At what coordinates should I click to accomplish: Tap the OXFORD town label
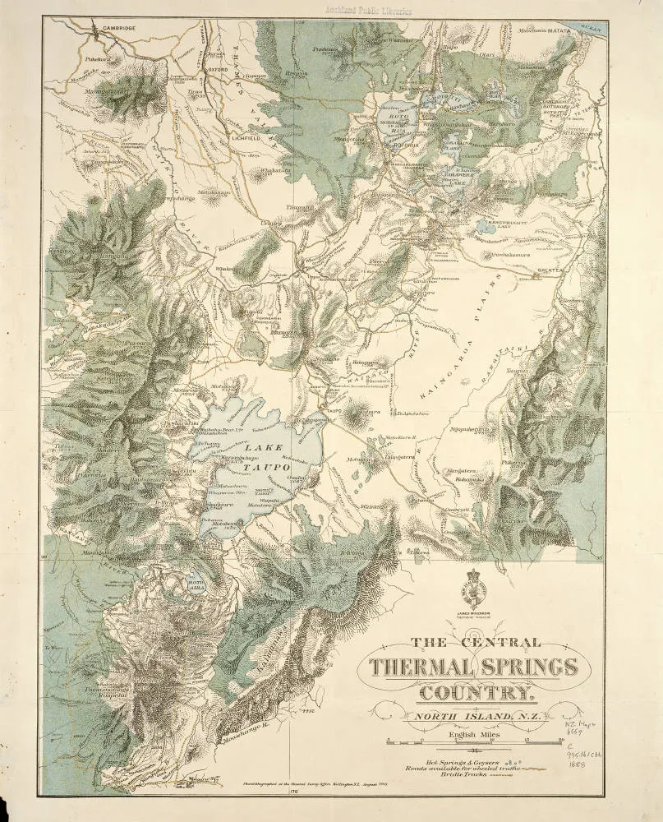[217, 93]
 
